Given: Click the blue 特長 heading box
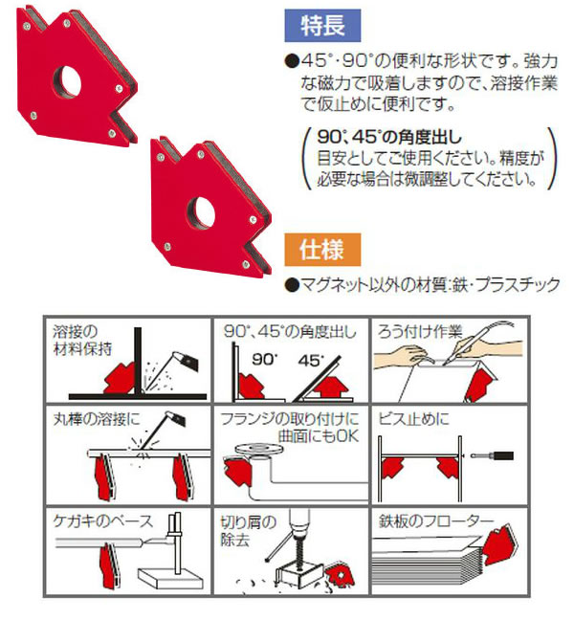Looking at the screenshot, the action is [x=322, y=26].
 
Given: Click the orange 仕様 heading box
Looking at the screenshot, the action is [x=322, y=250].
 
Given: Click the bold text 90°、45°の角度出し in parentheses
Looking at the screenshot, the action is [x=389, y=137].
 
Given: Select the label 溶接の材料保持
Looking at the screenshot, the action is [x=82, y=341].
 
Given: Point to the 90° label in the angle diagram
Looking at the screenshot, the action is [x=265, y=359].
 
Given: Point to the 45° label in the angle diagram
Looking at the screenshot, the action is [x=311, y=360].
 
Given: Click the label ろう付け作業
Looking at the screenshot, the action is [x=420, y=331].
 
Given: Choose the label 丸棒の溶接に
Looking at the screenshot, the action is [x=97, y=419].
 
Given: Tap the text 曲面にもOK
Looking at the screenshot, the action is [x=319, y=436].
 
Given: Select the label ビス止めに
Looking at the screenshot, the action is [x=413, y=419].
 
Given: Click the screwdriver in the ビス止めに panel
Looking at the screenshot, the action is [x=492, y=455].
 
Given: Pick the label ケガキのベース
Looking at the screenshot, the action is [x=102, y=521].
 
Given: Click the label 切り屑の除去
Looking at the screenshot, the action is [x=248, y=531].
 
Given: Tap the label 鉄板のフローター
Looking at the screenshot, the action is [x=436, y=521].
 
